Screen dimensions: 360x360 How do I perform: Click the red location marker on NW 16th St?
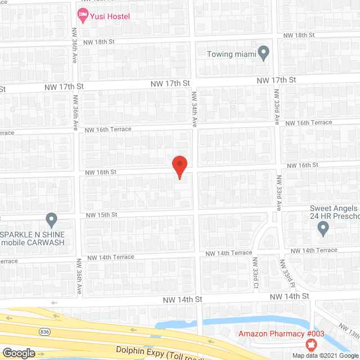(179, 167)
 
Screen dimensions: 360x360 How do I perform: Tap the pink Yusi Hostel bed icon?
(83, 16)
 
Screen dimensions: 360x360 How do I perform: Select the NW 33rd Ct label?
(255, 273)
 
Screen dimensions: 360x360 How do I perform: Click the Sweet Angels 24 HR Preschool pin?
(323, 228)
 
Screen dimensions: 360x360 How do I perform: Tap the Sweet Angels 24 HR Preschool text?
(335, 212)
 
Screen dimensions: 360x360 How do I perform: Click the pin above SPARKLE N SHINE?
(52, 219)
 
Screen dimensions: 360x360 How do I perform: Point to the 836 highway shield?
(44, 332)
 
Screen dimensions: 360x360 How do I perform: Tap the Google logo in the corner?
(18, 353)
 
